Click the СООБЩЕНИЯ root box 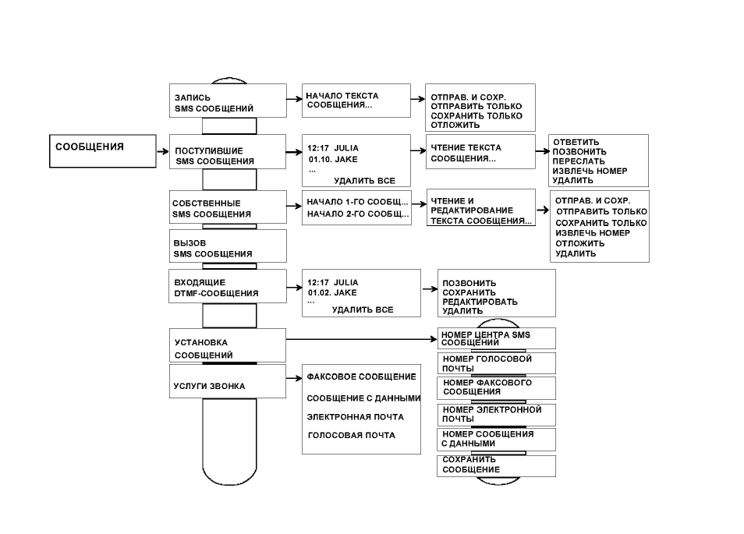point(102,150)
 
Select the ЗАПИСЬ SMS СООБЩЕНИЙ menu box point(228,101)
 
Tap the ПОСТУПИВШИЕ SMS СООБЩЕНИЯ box point(228,152)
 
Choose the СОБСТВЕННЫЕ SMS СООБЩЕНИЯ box point(228,207)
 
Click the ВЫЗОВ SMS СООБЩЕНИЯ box point(228,246)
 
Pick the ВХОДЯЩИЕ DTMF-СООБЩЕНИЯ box point(228,286)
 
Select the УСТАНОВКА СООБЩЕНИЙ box point(228,345)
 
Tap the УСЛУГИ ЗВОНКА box point(228,381)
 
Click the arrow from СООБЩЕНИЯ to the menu point(163,151)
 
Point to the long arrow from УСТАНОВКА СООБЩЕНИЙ point(362,339)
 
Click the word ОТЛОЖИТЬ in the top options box point(455,126)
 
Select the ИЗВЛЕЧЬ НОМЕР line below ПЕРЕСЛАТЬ point(590,171)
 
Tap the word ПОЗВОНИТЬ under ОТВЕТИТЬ point(579,152)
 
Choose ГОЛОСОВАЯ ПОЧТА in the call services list point(351,435)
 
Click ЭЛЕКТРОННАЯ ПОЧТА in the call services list point(356,417)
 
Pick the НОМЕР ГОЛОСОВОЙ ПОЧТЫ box point(496,363)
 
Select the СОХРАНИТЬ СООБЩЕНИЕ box point(496,466)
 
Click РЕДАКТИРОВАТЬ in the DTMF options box point(480,302)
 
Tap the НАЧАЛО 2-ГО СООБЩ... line point(358,214)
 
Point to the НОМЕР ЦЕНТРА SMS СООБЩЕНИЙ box point(496,338)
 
